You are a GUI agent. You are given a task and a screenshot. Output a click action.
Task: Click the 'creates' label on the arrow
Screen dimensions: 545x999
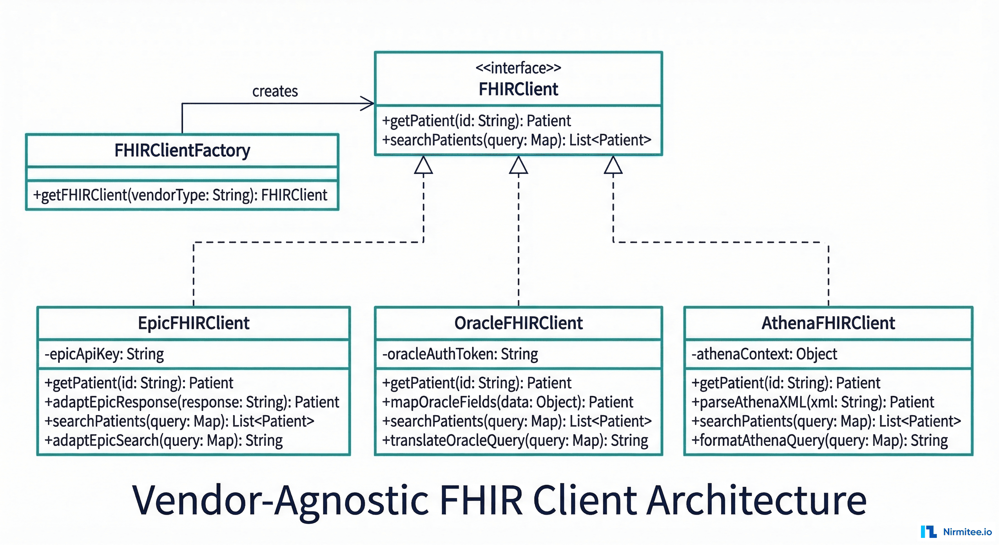pyautogui.click(x=275, y=92)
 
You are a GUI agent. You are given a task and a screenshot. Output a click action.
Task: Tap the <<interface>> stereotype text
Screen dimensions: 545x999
pyautogui.click(x=518, y=68)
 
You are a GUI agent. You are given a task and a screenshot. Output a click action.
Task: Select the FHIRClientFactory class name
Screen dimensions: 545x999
pyautogui.click(x=182, y=150)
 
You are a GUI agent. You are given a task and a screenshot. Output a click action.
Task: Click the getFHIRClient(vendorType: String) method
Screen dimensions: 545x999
pyautogui.click(x=180, y=195)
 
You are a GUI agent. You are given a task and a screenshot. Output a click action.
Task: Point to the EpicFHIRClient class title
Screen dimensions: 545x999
pyautogui.click(x=193, y=323)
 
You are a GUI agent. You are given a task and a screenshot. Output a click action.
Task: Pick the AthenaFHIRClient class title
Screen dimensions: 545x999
pyautogui.click(x=828, y=323)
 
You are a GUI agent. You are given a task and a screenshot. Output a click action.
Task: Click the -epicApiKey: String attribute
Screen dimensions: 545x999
pyautogui.click(x=104, y=354)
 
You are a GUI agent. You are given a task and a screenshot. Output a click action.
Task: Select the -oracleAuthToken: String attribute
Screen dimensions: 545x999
pyautogui.click(x=460, y=354)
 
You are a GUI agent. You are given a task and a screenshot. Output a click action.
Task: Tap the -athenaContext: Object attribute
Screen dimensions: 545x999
pyautogui.click(x=764, y=354)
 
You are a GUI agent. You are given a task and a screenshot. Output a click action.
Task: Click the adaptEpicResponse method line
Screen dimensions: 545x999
pyautogui.click(x=192, y=402)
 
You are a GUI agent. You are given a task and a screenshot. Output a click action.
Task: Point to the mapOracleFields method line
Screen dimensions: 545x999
pyautogui.click(x=507, y=402)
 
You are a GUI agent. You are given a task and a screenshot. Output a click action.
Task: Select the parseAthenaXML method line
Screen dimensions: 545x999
pyautogui.click(x=812, y=402)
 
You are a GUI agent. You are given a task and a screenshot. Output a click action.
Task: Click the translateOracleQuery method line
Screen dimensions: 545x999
pyautogui.click(x=515, y=441)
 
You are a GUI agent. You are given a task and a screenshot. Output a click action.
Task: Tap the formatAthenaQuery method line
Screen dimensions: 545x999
pyautogui.click(x=819, y=441)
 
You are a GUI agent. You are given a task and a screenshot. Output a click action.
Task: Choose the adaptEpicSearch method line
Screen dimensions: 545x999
pyautogui.click(x=163, y=441)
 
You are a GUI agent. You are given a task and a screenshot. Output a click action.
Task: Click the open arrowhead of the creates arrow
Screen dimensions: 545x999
pyautogui.click(x=369, y=104)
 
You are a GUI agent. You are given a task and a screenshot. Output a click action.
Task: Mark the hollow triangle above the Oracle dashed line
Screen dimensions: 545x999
pyautogui.click(x=519, y=166)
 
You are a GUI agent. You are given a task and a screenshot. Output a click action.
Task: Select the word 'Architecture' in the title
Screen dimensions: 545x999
pyautogui.click(x=756, y=500)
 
